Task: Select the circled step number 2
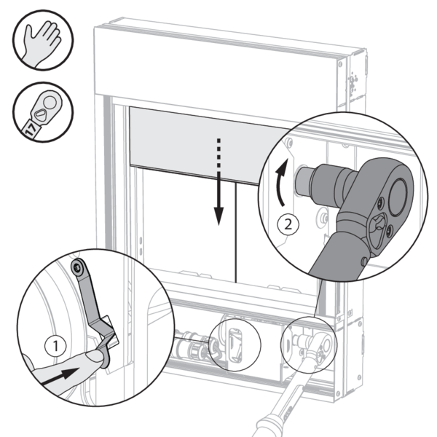click(x=290, y=224)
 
